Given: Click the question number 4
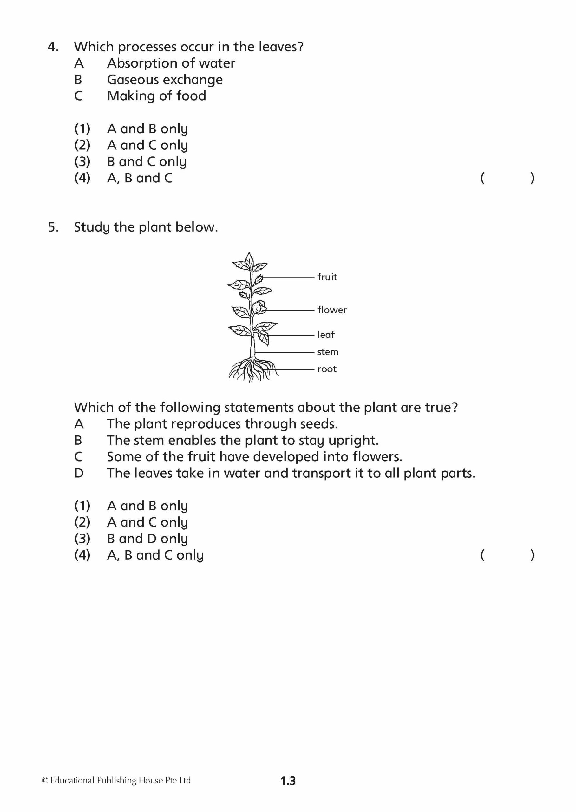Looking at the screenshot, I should point(53,47).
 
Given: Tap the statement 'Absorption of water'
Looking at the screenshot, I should point(171,63).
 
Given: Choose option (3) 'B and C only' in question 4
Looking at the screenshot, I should point(147,162).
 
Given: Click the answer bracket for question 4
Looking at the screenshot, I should point(507,178).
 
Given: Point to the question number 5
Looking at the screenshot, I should point(53,227).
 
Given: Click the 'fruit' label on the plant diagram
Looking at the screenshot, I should point(327,277).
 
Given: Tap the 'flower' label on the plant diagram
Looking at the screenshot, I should point(332,310).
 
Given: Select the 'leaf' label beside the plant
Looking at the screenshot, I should point(326,334).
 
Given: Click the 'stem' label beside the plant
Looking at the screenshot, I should point(327,352).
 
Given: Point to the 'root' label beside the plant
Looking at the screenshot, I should point(327,369).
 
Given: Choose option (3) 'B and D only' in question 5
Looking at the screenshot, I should point(147,539).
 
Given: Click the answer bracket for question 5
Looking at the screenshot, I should point(507,555).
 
